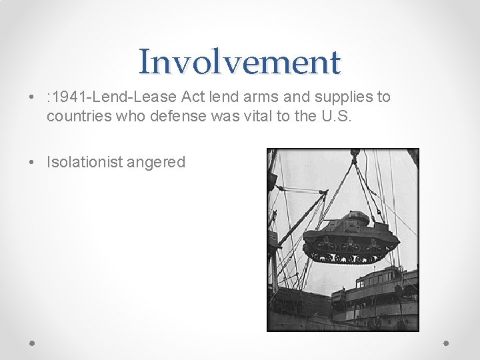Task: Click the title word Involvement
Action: coord(239,62)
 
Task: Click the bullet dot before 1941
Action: coord(33,98)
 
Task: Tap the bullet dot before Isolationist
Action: coord(33,163)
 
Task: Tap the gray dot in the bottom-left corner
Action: coord(33,343)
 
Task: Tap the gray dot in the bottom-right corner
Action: coord(447,343)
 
